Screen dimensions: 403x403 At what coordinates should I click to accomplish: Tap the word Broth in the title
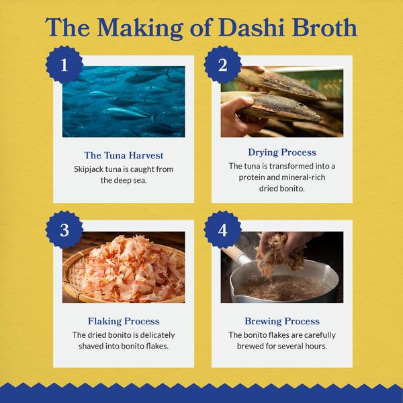[326, 28]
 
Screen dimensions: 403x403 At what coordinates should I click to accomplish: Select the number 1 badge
[64, 65]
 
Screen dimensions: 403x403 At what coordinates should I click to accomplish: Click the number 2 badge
[223, 65]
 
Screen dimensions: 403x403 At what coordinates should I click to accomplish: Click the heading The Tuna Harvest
[124, 155]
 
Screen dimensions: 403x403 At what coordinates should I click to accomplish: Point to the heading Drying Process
[282, 152]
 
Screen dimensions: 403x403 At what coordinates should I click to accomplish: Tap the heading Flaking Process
[124, 321]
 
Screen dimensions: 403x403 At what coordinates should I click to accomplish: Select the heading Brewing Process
[282, 321]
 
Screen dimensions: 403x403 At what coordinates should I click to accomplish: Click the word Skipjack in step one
[89, 169]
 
